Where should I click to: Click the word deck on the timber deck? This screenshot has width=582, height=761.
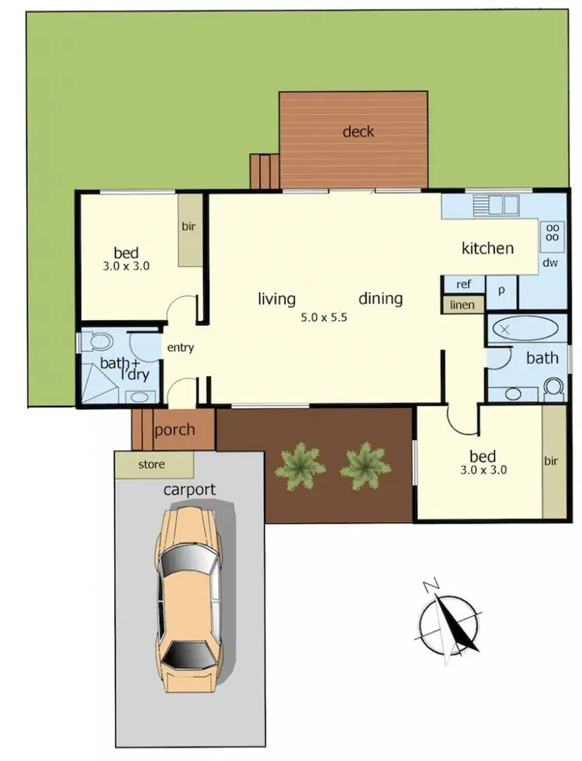pos(358,132)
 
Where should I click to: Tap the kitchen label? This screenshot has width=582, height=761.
pos(487,248)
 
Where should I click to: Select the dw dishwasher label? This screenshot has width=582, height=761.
pos(550,263)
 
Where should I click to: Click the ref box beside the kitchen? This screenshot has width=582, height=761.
pos(463,285)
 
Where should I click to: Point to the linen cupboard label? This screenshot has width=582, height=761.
pos(462,305)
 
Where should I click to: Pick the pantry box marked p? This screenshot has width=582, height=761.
pos(501,290)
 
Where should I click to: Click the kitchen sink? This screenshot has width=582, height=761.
pos(496,205)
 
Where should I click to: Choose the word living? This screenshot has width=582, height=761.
pos(277,299)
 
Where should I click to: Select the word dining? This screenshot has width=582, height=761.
pos(380,299)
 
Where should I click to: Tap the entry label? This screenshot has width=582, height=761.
pos(180,348)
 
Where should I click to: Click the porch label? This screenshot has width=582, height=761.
pos(175,431)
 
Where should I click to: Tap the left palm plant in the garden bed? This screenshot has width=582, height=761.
pos(300,465)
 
